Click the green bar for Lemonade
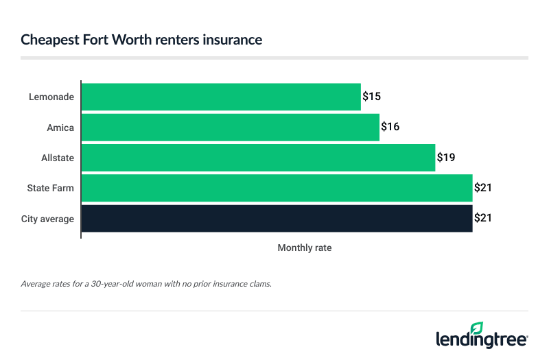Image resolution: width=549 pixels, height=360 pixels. point(221,97)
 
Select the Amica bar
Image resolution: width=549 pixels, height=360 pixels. point(231,127)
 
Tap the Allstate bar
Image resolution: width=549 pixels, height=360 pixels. point(259,157)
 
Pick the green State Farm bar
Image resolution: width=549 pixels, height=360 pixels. point(277,188)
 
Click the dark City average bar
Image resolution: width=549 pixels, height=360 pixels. point(277,218)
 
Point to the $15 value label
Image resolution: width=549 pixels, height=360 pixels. point(371,97)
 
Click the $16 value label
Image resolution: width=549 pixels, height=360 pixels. point(390,127)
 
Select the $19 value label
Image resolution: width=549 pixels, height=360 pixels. point(445,157)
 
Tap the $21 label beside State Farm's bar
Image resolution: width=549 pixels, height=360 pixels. point(483,188)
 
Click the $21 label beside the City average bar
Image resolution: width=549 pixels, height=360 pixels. point(483,218)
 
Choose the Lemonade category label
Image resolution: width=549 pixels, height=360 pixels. point(52,97)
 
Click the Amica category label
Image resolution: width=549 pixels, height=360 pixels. point(60,128)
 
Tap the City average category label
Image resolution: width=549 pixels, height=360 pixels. point(49,218)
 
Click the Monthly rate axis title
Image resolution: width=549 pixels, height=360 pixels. point(304,248)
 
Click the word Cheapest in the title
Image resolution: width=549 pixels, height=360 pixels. point(49,40)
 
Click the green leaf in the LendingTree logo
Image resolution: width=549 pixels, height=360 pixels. point(476,328)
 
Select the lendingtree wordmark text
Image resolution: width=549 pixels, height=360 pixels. point(481,339)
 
